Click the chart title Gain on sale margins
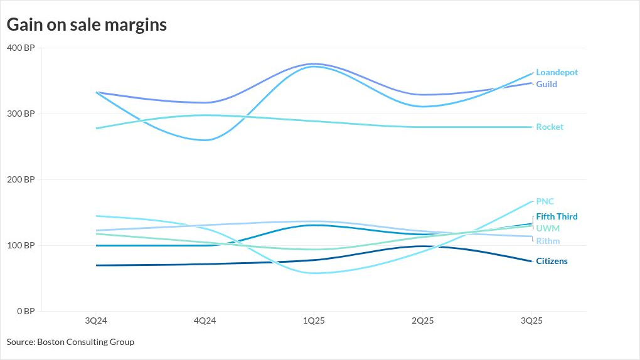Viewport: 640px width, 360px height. click(87, 24)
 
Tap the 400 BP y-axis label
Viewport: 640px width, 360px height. click(21, 48)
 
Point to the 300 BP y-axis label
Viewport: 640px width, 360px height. click(21, 114)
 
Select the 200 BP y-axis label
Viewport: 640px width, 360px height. click(21, 179)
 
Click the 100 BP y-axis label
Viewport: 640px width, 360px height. click(21, 245)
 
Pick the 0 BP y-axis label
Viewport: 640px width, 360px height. click(25, 311)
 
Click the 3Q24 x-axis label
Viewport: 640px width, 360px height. click(96, 320)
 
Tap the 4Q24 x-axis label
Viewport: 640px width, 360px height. click(205, 320)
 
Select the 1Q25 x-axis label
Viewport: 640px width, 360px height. click(314, 320)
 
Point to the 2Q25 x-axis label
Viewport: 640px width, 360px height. click(422, 320)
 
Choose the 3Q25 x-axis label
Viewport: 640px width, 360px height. click(531, 320)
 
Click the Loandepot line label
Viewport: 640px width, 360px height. click(557, 73)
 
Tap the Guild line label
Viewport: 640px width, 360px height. click(547, 84)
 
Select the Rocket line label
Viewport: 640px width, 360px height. click(550, 127)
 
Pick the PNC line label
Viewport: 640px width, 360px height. click(545, 201)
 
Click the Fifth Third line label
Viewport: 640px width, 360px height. click(557, 216)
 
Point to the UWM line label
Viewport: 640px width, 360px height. click(548, 228)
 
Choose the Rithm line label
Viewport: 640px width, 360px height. click(548, 241)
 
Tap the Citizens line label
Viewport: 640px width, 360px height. click(552, 261)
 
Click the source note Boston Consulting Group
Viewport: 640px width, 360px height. click(70, 342)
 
